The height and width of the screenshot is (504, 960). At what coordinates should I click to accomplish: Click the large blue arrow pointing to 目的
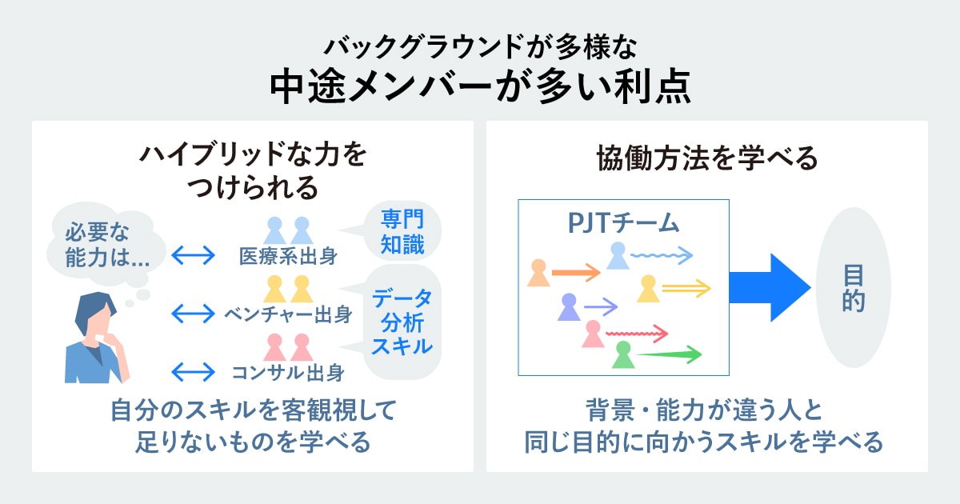pos(770,287)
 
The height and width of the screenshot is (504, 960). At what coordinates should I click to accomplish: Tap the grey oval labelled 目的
pos(854,287)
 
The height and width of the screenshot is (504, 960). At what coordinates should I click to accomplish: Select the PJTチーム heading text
pos(623,223)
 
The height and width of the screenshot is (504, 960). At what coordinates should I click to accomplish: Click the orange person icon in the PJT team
pos(538,273)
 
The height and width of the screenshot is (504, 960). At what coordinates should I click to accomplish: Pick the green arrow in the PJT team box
pos(669,354)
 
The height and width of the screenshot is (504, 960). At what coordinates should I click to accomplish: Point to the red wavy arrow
pos(637,334)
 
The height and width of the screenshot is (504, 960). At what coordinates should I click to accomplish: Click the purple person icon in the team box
pos(569,307)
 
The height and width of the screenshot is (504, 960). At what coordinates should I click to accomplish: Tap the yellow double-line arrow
pos(686,288)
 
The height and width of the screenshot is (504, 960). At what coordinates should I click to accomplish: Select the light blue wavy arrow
pos(662,255)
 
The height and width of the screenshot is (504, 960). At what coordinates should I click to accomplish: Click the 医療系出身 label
pos(288,256)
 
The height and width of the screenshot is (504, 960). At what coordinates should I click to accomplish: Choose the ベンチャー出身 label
pos(288,314)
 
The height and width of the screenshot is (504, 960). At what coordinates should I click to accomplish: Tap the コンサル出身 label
pos(288,373)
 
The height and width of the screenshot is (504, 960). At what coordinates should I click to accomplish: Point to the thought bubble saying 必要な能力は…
pos(105,245)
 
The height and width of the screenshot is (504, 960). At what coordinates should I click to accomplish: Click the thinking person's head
pos(96,315)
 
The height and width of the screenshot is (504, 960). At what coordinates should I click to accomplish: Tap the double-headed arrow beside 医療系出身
pos(193,255)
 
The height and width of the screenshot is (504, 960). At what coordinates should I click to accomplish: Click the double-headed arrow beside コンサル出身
pos(193,372)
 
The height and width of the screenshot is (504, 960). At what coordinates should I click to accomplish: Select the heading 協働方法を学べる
pos(707,158)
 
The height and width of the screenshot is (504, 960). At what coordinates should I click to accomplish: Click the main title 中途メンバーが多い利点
pos(480,86)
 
